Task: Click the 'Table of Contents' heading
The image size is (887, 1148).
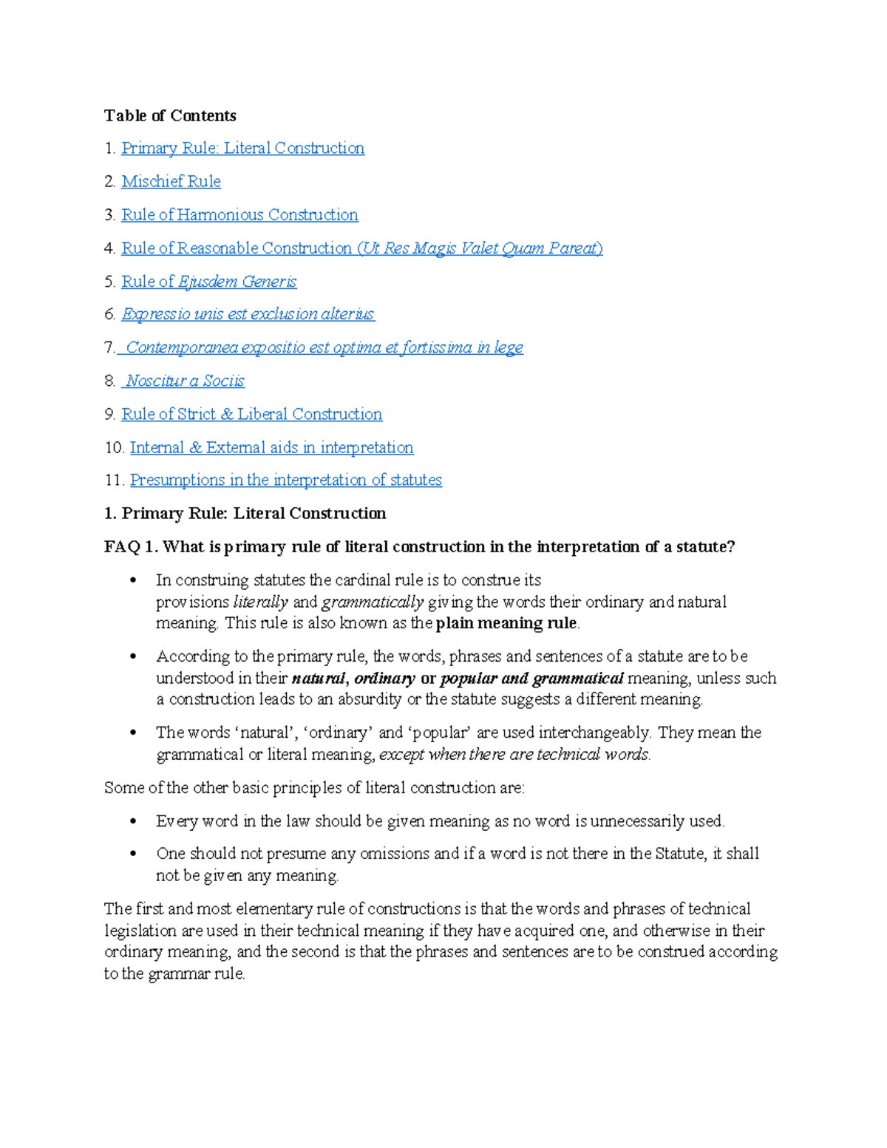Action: click(x=170, y=115)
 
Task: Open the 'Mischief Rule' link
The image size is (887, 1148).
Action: click(x=171, y=181)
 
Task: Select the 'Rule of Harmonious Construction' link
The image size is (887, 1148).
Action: click(x=239, y=214)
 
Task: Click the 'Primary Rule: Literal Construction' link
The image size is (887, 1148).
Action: click(x=242, y=148)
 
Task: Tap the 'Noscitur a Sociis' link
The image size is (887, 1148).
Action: click(x=184, y=381)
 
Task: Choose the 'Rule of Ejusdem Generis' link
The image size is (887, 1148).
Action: click(x=208, y=281)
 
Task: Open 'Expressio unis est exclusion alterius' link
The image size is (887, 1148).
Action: click(x=248, y=314)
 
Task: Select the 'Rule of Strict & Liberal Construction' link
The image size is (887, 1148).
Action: click(x=251, y=414)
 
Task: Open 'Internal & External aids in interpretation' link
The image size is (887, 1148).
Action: click(x=271, y=447)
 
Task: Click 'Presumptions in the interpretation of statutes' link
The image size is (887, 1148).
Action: click(x=285, y=480)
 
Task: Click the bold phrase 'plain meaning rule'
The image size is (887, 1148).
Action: click(x=506, y=623)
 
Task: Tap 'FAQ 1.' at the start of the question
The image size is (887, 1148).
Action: click(x=131, y=547)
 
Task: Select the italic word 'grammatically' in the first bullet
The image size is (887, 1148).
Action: click(x=373, y=602)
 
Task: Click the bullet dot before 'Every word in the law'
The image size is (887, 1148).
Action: click(x=133, y=821)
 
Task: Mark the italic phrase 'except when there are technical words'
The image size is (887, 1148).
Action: click(x=514, y=754)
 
